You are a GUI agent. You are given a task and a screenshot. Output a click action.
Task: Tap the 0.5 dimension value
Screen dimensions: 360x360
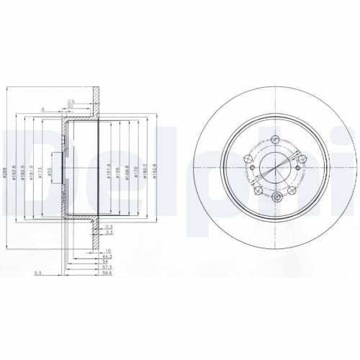point(71,100)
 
